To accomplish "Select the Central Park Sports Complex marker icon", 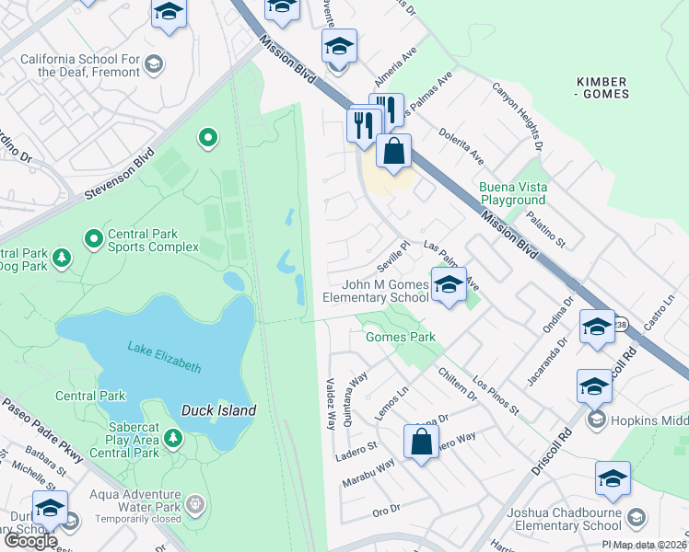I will [x=93, y=239].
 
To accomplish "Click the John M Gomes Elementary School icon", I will [x=449, y=286].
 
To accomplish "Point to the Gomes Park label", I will [x=400, y=337].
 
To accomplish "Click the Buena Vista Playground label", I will [x=513, y=193].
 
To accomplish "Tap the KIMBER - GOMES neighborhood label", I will [x=602, y=87].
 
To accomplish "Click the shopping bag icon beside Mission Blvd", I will [x=394, y=152].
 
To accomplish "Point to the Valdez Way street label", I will [x=330, y=403].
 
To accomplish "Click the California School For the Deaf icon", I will [x=154, y=63].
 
